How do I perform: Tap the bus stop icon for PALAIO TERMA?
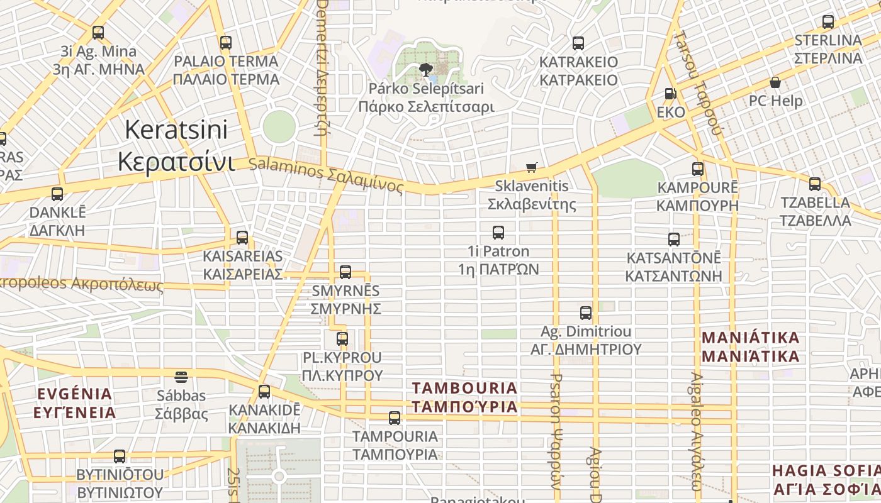click(225, 43)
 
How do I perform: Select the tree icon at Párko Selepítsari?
click(426, 69)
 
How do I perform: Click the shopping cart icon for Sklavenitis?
click(532, 168)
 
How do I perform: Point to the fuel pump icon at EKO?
click(671, 94)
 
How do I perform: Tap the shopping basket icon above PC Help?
click(775, 82)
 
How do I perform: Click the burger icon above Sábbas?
click(181, 377)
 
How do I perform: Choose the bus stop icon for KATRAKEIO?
click(578, 43)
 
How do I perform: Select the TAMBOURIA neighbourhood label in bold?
click(465, 397)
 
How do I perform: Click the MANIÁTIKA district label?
click(750, 347)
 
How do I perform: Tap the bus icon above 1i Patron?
click(498, 233)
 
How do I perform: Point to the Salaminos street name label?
click(326, 175)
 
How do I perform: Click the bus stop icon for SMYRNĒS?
click(345, 272)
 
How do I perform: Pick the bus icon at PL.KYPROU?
click(342, 339)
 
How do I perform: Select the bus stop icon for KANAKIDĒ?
click(264, 392)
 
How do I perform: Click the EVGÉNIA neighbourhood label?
click(75, 403)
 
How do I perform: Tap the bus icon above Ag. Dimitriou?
click(586, 312)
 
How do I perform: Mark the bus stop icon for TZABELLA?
click(815, 184)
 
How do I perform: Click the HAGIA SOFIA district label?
click(826, 480)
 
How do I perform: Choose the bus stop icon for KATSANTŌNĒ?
click(674, 240)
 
